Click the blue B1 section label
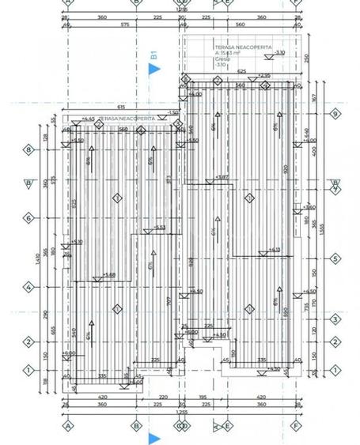click(x=154, y=55)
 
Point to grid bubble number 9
click(x=335, y=114)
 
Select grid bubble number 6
click(x=28, y=217)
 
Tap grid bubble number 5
click(x=335, y=258)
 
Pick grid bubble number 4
click(x=28, y=288)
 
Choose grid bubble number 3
click(x=335, y=319)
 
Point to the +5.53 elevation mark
click(x=158, y=228)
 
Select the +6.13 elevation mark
click(x=274, y=250)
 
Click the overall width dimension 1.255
click(x=181, y=412)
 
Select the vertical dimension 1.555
click(x=321, y=229)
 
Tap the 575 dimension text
click(x=124, y=25)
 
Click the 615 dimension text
click(x=121, y=106)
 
